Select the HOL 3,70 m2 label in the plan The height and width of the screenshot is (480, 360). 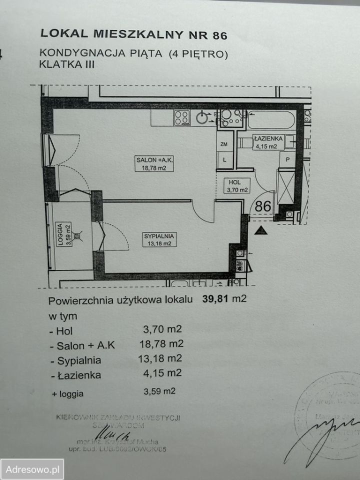[235, 186]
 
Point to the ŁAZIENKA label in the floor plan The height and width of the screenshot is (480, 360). [268, 142]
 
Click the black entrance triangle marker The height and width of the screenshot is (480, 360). [259, 230]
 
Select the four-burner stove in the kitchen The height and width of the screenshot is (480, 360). [181, 118]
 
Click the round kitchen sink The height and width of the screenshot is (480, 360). [202, 118]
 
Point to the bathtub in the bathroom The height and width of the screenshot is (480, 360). [270, 120]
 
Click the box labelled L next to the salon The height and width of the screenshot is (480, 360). [224, 159]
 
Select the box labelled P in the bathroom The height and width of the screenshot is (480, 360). [287, 159]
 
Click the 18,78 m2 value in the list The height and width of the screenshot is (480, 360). [161, 344]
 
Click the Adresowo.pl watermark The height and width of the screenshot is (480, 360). [32, 469]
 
